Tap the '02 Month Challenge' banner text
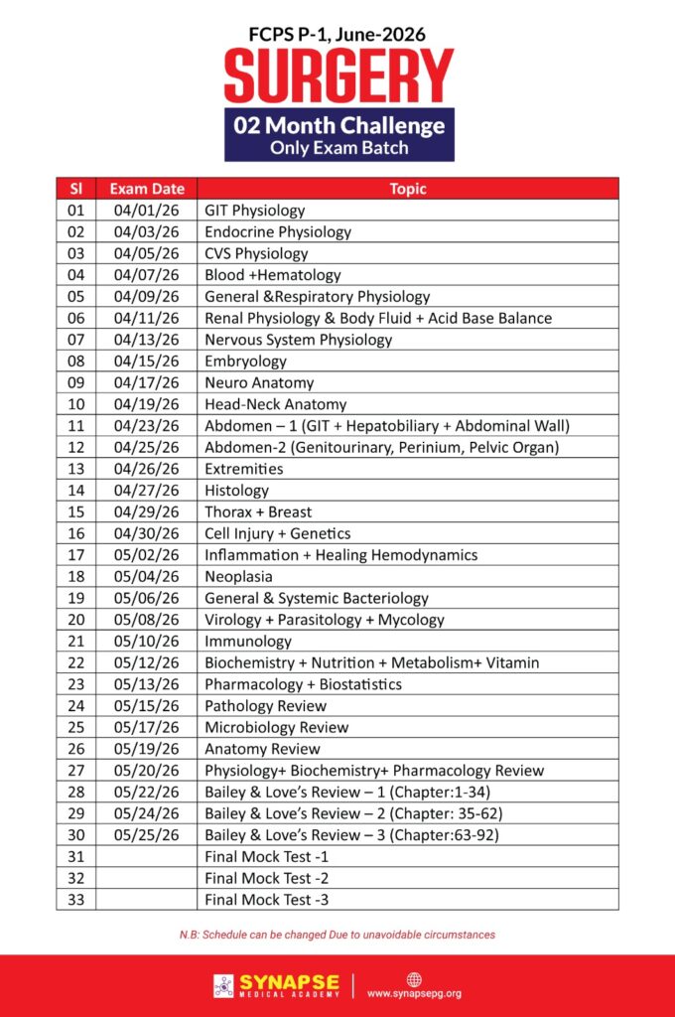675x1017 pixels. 338,126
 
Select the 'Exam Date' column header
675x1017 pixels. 147,189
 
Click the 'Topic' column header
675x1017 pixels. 408,189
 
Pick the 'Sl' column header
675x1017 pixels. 75,189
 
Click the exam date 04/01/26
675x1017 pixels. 147,211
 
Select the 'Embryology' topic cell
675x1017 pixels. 245,362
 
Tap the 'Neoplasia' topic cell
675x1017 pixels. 238,577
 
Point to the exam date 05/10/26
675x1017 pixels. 147,642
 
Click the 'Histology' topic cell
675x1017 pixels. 236,491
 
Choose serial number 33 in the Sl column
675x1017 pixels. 75,900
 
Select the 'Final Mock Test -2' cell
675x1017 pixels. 266,878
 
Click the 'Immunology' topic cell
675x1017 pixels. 248,642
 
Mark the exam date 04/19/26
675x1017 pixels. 147,404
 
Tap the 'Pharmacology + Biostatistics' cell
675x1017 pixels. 303,684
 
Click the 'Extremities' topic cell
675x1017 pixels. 243,469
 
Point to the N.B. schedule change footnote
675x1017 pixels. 337,935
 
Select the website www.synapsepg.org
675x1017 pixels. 414,993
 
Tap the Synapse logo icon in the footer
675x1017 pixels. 223,985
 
